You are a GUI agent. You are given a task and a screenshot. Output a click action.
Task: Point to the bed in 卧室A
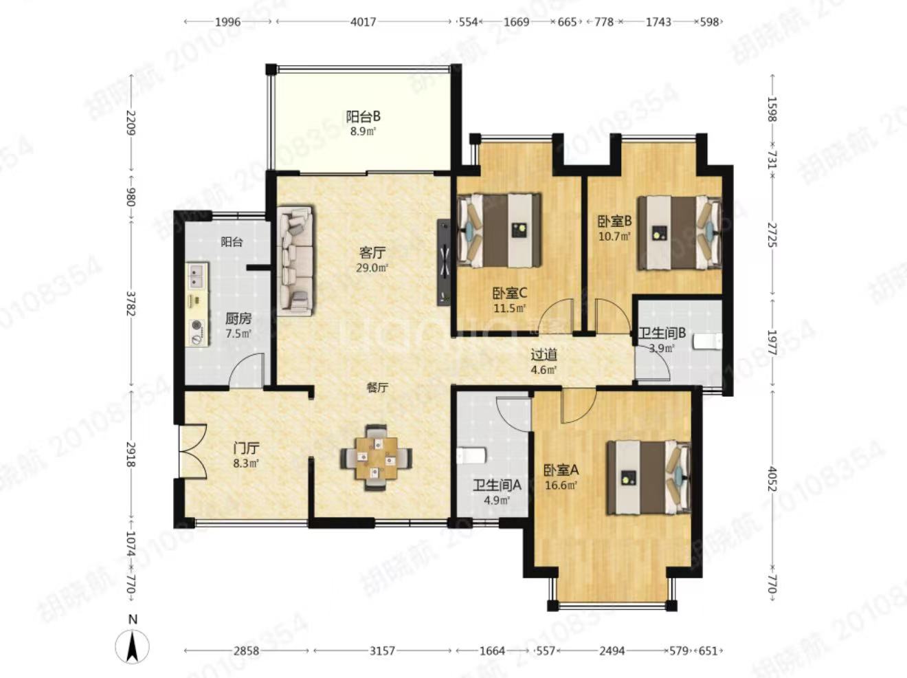[x=649, y=477]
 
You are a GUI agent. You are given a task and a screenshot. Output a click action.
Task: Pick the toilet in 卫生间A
[x=471, y=456]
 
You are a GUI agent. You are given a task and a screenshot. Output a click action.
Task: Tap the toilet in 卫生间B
[x=708, y=342]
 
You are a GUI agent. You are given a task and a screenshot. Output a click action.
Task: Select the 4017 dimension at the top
[x=363, y=21]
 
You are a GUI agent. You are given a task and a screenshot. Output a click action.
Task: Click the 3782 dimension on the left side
[x=131, y=304]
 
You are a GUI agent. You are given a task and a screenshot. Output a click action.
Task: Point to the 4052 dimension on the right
[x=772, y=479]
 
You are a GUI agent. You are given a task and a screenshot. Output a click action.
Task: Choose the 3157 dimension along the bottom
[x=382, y=651]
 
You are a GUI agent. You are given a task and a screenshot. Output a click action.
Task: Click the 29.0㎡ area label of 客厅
[x=372, y=268]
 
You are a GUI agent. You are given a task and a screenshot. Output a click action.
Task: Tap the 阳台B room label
[x=363, y=117]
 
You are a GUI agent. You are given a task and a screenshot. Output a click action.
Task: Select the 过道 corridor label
[x=544, y=354]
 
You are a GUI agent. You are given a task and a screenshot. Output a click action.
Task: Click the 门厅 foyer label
[x=246, y=448]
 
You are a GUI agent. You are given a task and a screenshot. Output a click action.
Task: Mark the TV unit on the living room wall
[x=444, y=262]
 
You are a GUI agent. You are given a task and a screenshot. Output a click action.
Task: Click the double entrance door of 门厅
[x=192, y=452]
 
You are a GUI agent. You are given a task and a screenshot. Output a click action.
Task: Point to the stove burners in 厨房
[x=197, y=332]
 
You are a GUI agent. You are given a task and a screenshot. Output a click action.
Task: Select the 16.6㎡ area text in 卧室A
[x=561, y=485]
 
